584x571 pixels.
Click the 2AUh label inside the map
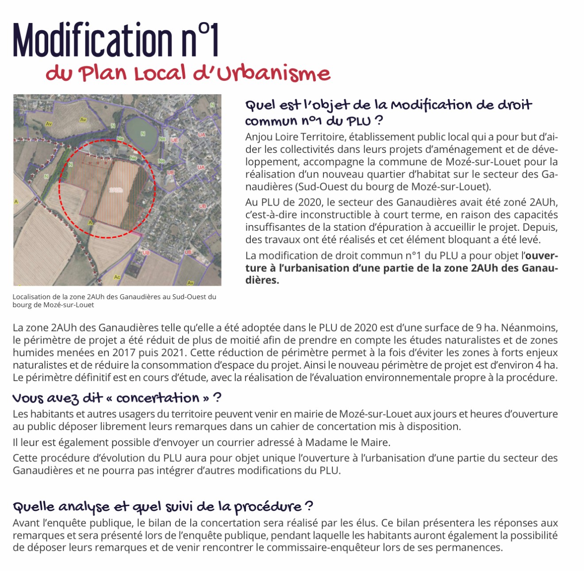(116, 190)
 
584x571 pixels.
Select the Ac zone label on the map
(117, 277)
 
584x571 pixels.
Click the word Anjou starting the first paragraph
(258, 137)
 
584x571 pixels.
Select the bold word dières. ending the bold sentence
(262, 280)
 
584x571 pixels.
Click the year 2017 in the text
(125, 353)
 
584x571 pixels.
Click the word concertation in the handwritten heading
(158, 398)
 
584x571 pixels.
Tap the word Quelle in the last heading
(34, 506)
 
